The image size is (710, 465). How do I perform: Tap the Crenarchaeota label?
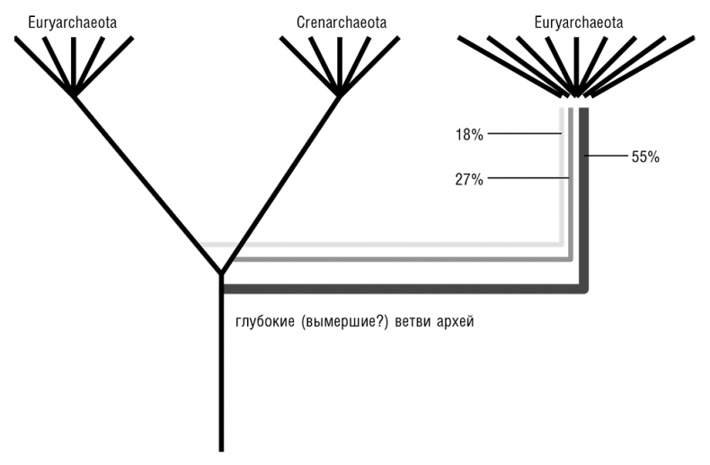click(341, 22)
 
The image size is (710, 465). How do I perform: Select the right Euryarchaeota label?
click(579, 22)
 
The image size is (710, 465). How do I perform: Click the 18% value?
click(469, 135)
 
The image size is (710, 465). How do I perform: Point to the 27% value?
click(469, 179)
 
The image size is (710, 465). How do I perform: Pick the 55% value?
click(645, 156)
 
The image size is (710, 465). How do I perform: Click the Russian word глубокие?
click(262, 321)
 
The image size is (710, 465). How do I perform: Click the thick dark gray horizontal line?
click(404, 289)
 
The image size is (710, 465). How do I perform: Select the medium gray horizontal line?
click(395, 259)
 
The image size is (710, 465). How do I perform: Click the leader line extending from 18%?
click(525, 135)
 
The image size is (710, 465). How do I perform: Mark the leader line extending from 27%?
click(529, 179)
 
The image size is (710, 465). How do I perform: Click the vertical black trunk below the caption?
click(221, 396)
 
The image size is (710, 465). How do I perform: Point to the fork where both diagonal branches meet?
click(221, 272)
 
